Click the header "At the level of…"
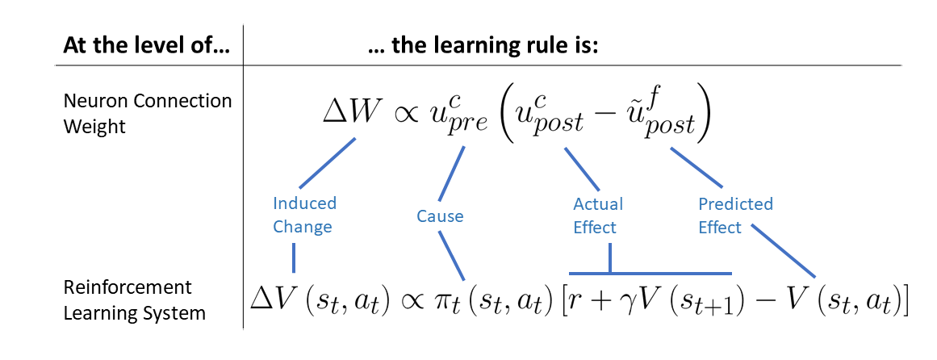pos(146,46)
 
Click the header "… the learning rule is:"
pos(482,46)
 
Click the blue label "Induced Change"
pos(303,215)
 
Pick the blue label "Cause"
pos(440,216)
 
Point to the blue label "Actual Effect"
pos(597,216)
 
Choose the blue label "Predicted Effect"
pos(734,216)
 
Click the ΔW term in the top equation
pos(349,112)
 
